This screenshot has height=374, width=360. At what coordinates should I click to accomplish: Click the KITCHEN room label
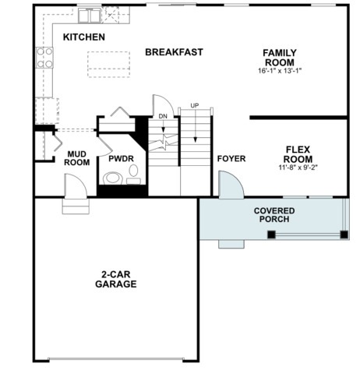point(84,37)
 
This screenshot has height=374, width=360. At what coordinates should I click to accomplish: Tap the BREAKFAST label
point(174,52)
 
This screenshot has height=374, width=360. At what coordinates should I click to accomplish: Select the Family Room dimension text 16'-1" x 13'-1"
point(280,71)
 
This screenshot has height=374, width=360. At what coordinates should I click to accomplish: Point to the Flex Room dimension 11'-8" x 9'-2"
point(298,168)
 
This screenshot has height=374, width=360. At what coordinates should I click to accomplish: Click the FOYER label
point(231,159)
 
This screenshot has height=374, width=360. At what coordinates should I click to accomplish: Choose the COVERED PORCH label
point(274,215)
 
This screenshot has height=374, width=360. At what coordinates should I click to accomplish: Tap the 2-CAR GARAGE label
point(116,279)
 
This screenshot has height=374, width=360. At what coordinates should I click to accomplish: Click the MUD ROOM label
point(77,158)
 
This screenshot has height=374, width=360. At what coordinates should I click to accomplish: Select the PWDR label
point(121,158)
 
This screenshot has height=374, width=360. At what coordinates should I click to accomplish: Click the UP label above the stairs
point(195,106)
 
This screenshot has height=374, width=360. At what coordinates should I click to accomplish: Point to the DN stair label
point(163,116)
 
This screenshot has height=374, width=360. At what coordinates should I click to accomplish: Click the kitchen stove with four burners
point(44,58)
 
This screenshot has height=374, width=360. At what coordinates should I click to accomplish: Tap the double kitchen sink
point(90,16)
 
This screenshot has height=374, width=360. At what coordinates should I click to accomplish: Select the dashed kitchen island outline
point(108,65)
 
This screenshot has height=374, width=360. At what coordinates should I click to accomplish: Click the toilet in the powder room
point(112,178)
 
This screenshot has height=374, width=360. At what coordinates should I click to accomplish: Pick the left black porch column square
point(271,235)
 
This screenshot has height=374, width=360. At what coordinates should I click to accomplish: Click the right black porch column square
point(344,235)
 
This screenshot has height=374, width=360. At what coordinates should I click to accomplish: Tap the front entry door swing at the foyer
point(231,185)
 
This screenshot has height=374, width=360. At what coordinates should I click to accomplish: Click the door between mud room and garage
point(76,186)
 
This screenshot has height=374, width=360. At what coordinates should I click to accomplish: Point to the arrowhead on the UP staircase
point(196,139)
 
